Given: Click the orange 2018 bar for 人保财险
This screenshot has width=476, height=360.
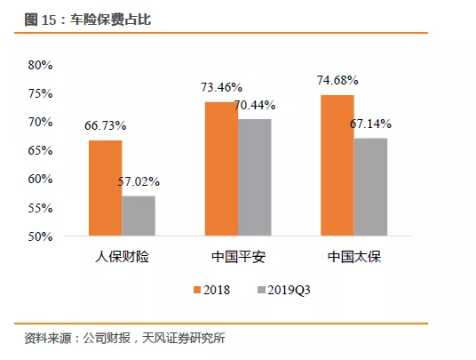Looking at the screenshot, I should (x=105, y=188).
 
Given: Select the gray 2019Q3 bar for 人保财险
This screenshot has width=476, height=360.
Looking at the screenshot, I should (x=138, y=216).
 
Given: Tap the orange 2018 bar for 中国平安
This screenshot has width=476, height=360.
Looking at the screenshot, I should (x=221, y=169).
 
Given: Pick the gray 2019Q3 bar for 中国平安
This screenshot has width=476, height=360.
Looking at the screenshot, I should (x=255, y=178).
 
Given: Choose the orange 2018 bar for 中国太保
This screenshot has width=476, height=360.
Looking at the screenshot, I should (x=337, y=165).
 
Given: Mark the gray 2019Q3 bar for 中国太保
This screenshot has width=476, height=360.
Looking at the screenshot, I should (x=371, y=187).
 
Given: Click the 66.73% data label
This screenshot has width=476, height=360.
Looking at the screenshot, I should (x=105, y=126).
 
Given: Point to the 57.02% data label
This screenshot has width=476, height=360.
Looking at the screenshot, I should (x=139, y=182).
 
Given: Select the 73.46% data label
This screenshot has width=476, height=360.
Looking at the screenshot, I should (x=221, y=87).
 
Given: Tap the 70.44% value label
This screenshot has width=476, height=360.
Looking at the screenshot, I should (x=255, y=105).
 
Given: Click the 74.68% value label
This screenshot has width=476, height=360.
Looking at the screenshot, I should (x=337, y=81).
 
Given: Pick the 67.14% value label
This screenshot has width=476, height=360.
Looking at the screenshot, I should (x=371, y=124).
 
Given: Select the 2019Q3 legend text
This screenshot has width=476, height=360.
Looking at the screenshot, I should (x=290, y=290).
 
